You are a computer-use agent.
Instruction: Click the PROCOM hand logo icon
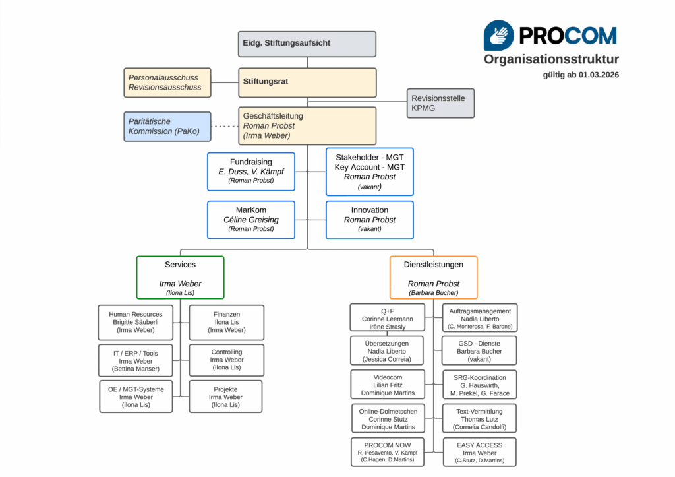pyautogui.click(x=499, y=35)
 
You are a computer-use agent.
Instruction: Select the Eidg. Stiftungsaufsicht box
pyautogui.click(x=307, y=44)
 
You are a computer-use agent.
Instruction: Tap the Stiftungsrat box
pyautogui.click(x=307, y=82)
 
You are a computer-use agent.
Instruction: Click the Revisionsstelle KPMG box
pyautogui.click(x=440, y=103)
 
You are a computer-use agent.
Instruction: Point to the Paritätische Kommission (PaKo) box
pyautogui.click(x=167, y=126)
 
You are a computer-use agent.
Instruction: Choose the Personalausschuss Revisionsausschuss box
pyautogui.click(x=167, y=82)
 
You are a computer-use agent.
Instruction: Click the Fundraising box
pyautogui.click(x=251, y=171)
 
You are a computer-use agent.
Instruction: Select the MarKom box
pyautogui.click(x=251, y=220)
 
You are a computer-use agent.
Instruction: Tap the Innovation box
pyautogui.click(x=370, y=220)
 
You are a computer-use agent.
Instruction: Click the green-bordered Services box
pyautogui.click(x=180, y=277)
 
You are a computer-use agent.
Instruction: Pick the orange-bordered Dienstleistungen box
pyautogui.click(x=433, y=277)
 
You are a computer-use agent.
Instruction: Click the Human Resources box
pyautogui.click(x=136, y=322)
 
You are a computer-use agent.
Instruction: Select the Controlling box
pyautogui.click(x=227, y=360)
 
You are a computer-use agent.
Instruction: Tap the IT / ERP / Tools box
pyautogui.click(x=136, y=361)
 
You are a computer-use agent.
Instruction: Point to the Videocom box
pyautogui.click(x=387, y=384)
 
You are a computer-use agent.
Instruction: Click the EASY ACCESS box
pyautogui.click(x=479, y=452)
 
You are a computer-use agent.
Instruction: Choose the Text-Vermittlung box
pyautogui.click(x=479, y=418)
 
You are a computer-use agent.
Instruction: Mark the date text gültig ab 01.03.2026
pyautogui.click(x=581, y=75)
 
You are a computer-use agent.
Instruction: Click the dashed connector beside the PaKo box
pyautogui.click(x=225, y=126)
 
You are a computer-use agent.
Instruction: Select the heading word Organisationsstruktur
pyautogui.click(x=551, y=59)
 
